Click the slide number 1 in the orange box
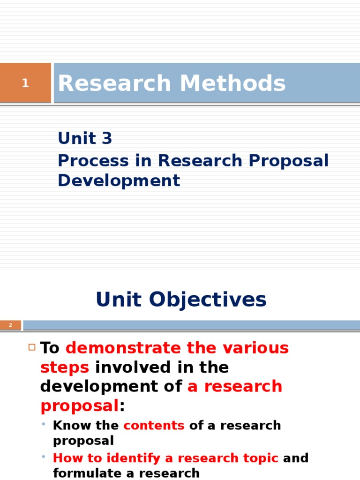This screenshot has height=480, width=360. click(x=25, y=83)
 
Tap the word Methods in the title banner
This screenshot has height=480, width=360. click(x=232, y=84)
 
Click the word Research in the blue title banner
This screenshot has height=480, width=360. click(x=114, y=84)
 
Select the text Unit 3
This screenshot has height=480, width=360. click(x=85, y=138)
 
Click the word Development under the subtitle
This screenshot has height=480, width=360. click(x=119, y=180)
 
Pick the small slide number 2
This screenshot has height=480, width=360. click(x=10, y=325)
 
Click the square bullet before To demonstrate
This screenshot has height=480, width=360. click(x=32, y=347)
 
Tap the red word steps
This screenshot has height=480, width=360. click(x=65, y=367)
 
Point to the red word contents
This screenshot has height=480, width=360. click(x=154, y=426)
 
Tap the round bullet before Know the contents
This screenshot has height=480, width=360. click(x=43, y=425)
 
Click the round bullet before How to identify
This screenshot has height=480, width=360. click(x=43, y=457)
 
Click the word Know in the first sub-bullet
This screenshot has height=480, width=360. click(x=68, y=426)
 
